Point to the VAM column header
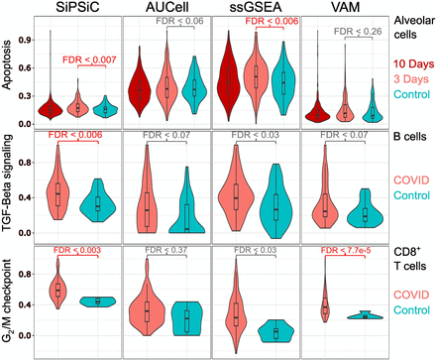click(x=345, y=8)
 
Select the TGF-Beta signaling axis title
click(x=9, y=192)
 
